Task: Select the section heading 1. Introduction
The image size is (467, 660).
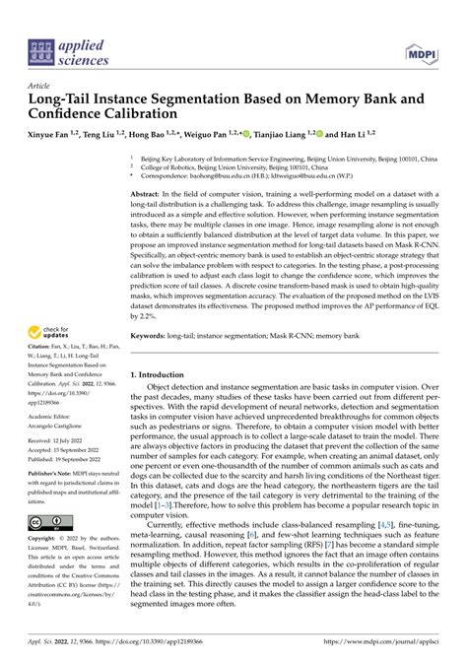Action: pos(167,375)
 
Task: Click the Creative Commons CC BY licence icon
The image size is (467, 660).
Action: pos(49,521)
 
